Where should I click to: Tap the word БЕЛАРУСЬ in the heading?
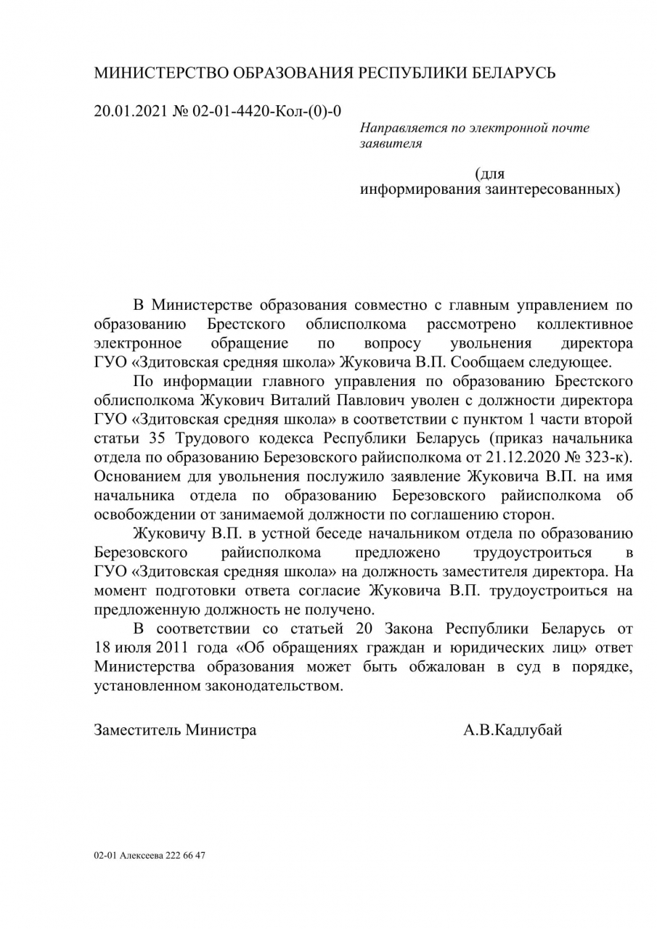(x=514, y=74)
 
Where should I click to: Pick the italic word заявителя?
(x=391, y=144)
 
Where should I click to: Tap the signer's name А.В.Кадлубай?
(x=513, y=730)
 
